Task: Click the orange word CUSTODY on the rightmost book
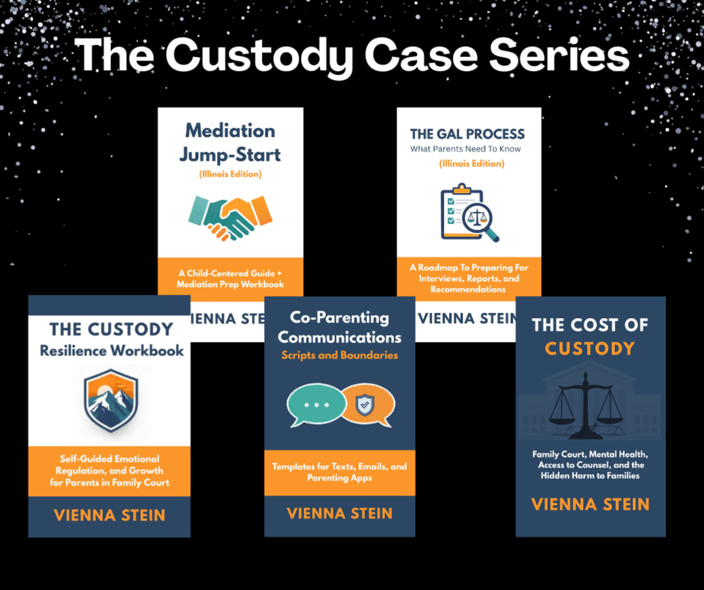(590, 349)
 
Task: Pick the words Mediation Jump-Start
(231, 143)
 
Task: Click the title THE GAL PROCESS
(468, 134)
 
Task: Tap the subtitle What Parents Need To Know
(465, 149)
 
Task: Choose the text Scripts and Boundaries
(339, 355)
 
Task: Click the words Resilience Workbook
(111, 351)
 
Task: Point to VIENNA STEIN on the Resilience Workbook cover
(110, 516)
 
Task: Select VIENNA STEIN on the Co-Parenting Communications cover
(340, 514)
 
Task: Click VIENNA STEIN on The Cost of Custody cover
(590, 504)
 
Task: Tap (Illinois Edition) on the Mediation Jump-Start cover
(230, 174)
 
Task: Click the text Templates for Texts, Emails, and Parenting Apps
(339, 472)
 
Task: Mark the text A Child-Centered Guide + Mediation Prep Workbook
(231, 278)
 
